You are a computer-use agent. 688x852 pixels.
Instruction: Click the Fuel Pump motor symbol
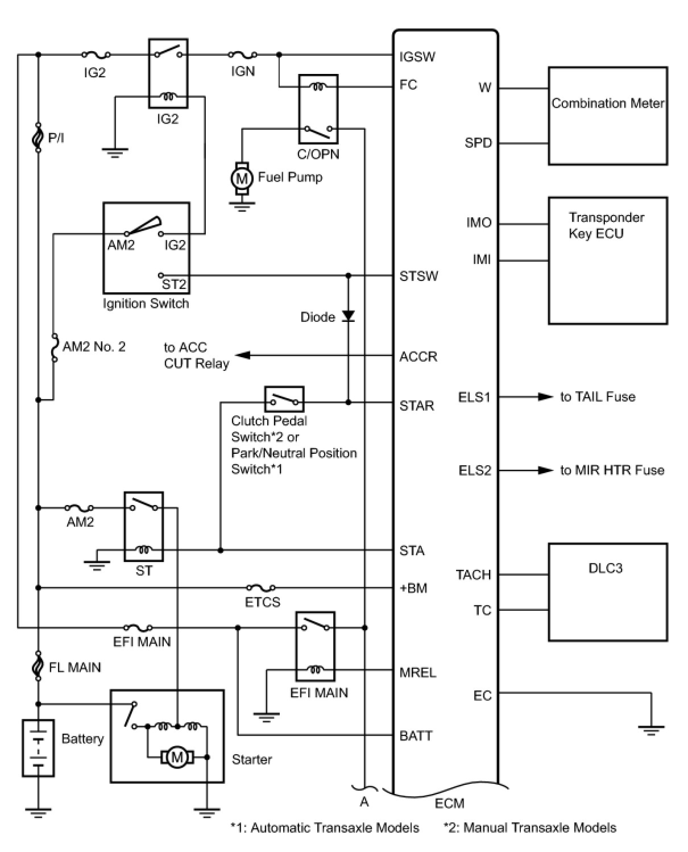click(242, 179)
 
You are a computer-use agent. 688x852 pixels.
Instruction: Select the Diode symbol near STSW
click(348, 316)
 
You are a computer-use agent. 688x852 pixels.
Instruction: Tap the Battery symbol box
click(38, 748)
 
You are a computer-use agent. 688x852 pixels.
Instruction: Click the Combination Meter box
click(607, 116)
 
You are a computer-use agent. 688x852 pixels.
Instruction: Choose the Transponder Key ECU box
click(607, 260)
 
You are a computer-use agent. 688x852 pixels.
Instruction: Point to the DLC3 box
click(607, 592)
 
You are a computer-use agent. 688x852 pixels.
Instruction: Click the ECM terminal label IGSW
click(417, 56)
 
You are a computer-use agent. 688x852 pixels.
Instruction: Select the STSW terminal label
click(418, 276)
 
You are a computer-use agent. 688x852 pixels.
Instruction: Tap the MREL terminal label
click(418, 672)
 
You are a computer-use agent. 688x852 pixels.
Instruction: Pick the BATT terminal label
click(416, 735)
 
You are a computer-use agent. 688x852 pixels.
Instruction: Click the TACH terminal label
click(473, 574)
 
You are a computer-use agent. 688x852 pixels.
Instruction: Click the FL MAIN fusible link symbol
click(38, 665)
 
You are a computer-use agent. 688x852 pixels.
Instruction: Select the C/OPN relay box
click(318, 109)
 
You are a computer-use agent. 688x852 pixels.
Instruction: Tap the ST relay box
click(144, 527)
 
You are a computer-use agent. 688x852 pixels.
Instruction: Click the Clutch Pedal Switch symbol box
click(284, 399)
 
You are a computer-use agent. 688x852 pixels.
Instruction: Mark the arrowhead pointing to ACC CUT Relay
click(243, 355)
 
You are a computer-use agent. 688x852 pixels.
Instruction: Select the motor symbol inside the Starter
click(177, 757)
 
